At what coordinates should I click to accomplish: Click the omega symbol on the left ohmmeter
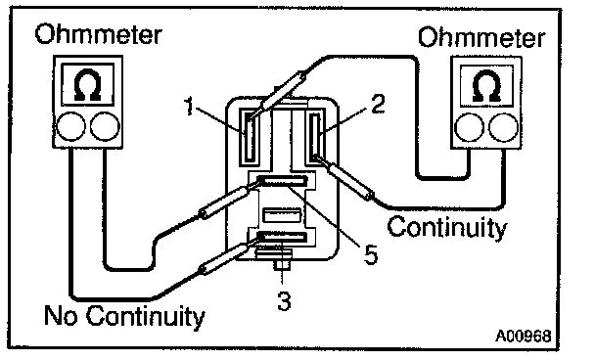pos(88,85)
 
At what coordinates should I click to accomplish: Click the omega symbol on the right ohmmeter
pos(486,87)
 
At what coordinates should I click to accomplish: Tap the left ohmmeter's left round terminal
pos(71,126)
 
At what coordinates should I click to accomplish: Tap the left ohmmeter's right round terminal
pos(105,126)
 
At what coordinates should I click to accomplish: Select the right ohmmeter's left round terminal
pos(470,128)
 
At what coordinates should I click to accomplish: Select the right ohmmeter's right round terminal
pos(504,128)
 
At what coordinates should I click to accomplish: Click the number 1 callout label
pos(190,106)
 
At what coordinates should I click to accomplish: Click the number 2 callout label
pos(378,104)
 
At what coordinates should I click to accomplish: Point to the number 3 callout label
pos(284,301)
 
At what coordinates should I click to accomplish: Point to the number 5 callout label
pos(371,254)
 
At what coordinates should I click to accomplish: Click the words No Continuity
pos(124,316)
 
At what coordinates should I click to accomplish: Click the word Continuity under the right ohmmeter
pos(447,228)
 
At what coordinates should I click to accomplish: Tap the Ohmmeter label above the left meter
pos(98,34)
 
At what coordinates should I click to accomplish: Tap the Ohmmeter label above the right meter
pos(481,37)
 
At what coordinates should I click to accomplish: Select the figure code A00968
pos(523,336)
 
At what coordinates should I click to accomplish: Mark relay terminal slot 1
pos(250,137)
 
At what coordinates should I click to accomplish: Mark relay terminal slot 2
pos(315,137)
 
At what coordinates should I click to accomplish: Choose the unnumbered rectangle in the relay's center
pos(282,214)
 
